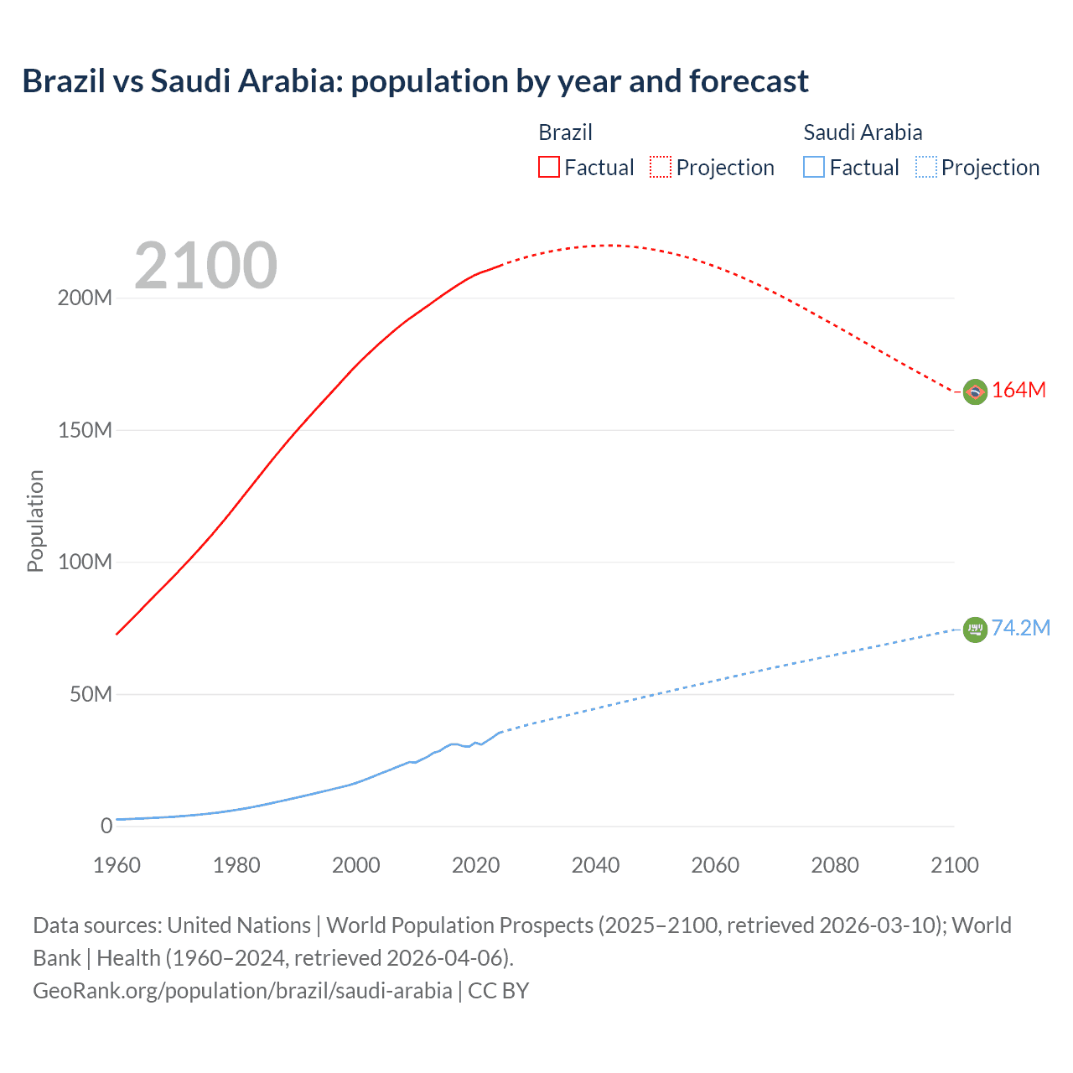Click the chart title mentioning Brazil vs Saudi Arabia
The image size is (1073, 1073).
tap(415, 81)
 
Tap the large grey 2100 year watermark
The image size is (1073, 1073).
tap(205, 266)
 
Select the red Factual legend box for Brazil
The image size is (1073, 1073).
tap(548, 167)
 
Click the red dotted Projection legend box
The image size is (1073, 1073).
tap(661, 167)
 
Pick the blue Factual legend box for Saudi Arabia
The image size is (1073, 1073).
tap(814, 167)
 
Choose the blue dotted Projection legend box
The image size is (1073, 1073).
tap(926, 167)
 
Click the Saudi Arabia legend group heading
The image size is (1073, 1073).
tap(863, 132)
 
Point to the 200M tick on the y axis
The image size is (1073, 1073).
tap(85, 298)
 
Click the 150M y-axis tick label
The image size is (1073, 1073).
tap(85, 430)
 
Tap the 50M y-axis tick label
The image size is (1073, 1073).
tap(91, 694)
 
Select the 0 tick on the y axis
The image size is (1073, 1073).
tap(106, 826)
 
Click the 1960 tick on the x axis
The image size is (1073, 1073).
tap(117, 865)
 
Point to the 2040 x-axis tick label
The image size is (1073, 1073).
tap(595, 865)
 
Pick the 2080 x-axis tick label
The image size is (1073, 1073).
tap(835, 865)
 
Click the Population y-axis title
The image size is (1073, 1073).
tap(35, 521)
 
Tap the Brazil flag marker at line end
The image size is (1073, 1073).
tap(975, 391)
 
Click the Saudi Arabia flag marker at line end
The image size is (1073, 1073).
tap(975, 629)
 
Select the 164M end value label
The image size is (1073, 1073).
tap(1019, 391)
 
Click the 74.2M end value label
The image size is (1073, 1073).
tap(1020, 629)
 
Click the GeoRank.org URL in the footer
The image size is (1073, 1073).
tap(242, 991)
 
